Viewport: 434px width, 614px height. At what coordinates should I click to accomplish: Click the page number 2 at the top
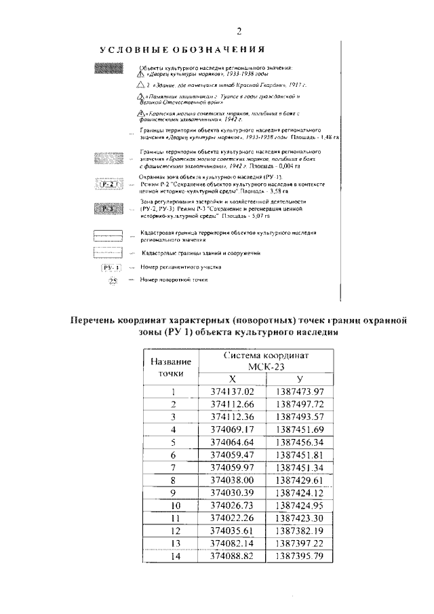coord(239,30)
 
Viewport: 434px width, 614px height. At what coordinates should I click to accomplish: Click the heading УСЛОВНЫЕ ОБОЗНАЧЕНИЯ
coord(182,50)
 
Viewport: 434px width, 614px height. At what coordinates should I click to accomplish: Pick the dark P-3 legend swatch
coord(107,208)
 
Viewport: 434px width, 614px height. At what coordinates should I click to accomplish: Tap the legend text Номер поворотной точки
coord(174,280)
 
